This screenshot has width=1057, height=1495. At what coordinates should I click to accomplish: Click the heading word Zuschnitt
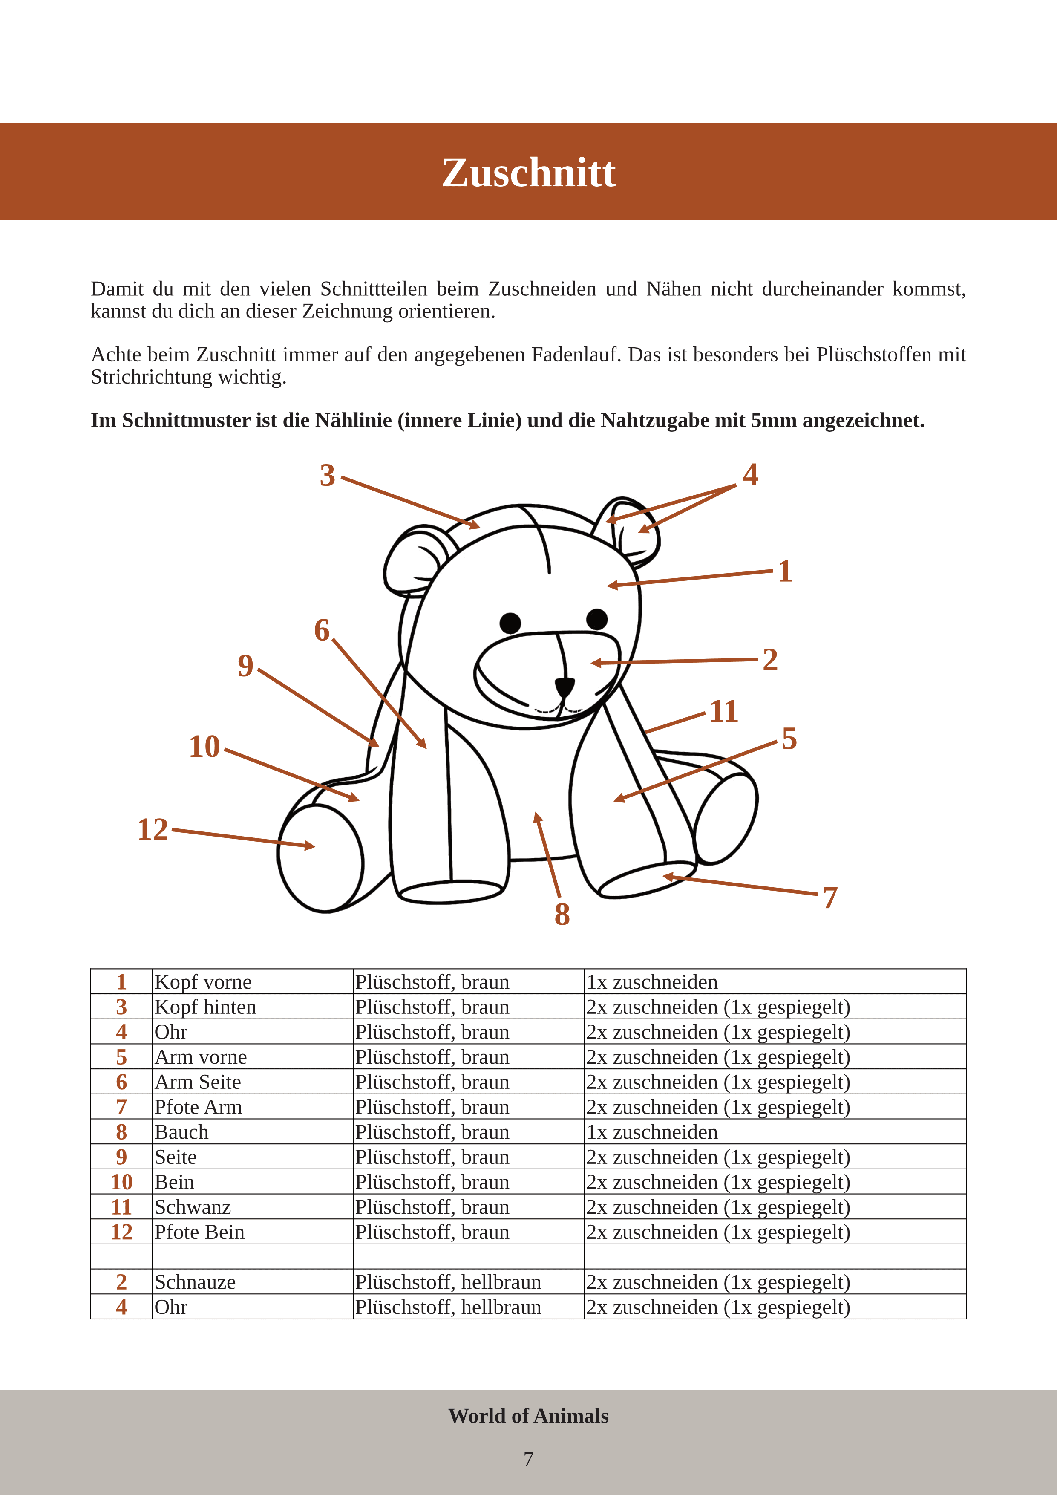[528, 173]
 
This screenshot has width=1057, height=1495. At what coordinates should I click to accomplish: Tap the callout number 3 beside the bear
[327, 476]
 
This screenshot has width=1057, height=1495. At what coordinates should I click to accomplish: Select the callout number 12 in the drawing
[153, 830]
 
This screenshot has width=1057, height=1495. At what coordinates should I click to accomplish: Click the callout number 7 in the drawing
[830, 898]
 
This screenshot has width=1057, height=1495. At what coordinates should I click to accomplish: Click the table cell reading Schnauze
[195, 1282]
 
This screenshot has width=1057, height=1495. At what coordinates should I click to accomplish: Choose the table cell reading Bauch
[181, 1132]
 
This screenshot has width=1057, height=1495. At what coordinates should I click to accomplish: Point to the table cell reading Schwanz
[192, 1207]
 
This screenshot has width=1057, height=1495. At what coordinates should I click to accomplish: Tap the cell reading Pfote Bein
[199, 1232]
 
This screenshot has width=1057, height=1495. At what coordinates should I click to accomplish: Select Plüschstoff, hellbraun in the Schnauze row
[448, 1282]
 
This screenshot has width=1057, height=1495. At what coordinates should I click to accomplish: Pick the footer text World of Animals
[528, 1416]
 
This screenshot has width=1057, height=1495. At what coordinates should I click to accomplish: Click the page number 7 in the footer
[528, 1459]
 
